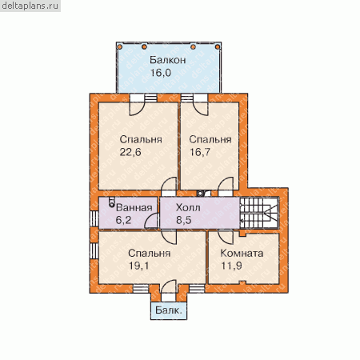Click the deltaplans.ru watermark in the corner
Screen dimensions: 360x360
(30, 6)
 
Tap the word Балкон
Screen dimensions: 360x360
(167, 60)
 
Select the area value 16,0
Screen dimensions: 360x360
(161, 73)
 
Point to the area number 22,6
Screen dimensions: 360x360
(130, 152)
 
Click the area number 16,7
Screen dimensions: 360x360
(200, 152)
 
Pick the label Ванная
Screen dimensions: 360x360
(134, 207)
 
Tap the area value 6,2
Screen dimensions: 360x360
(123, 220)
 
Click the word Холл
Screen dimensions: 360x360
(188, 207)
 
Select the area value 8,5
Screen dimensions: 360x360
(184, 220)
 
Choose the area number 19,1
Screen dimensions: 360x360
(138, 266)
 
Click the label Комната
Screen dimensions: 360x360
(242, 253)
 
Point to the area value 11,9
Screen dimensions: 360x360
(231, 266)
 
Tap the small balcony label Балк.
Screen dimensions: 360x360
(169, 310)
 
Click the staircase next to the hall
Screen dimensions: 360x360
(259, 213)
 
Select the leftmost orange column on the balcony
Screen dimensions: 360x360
(120, 47)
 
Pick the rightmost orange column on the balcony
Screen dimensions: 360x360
(218, 47)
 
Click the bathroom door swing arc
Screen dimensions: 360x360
(150, 222)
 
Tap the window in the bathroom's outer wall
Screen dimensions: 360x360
(94, 219)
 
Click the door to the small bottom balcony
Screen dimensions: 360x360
(169, 290)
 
